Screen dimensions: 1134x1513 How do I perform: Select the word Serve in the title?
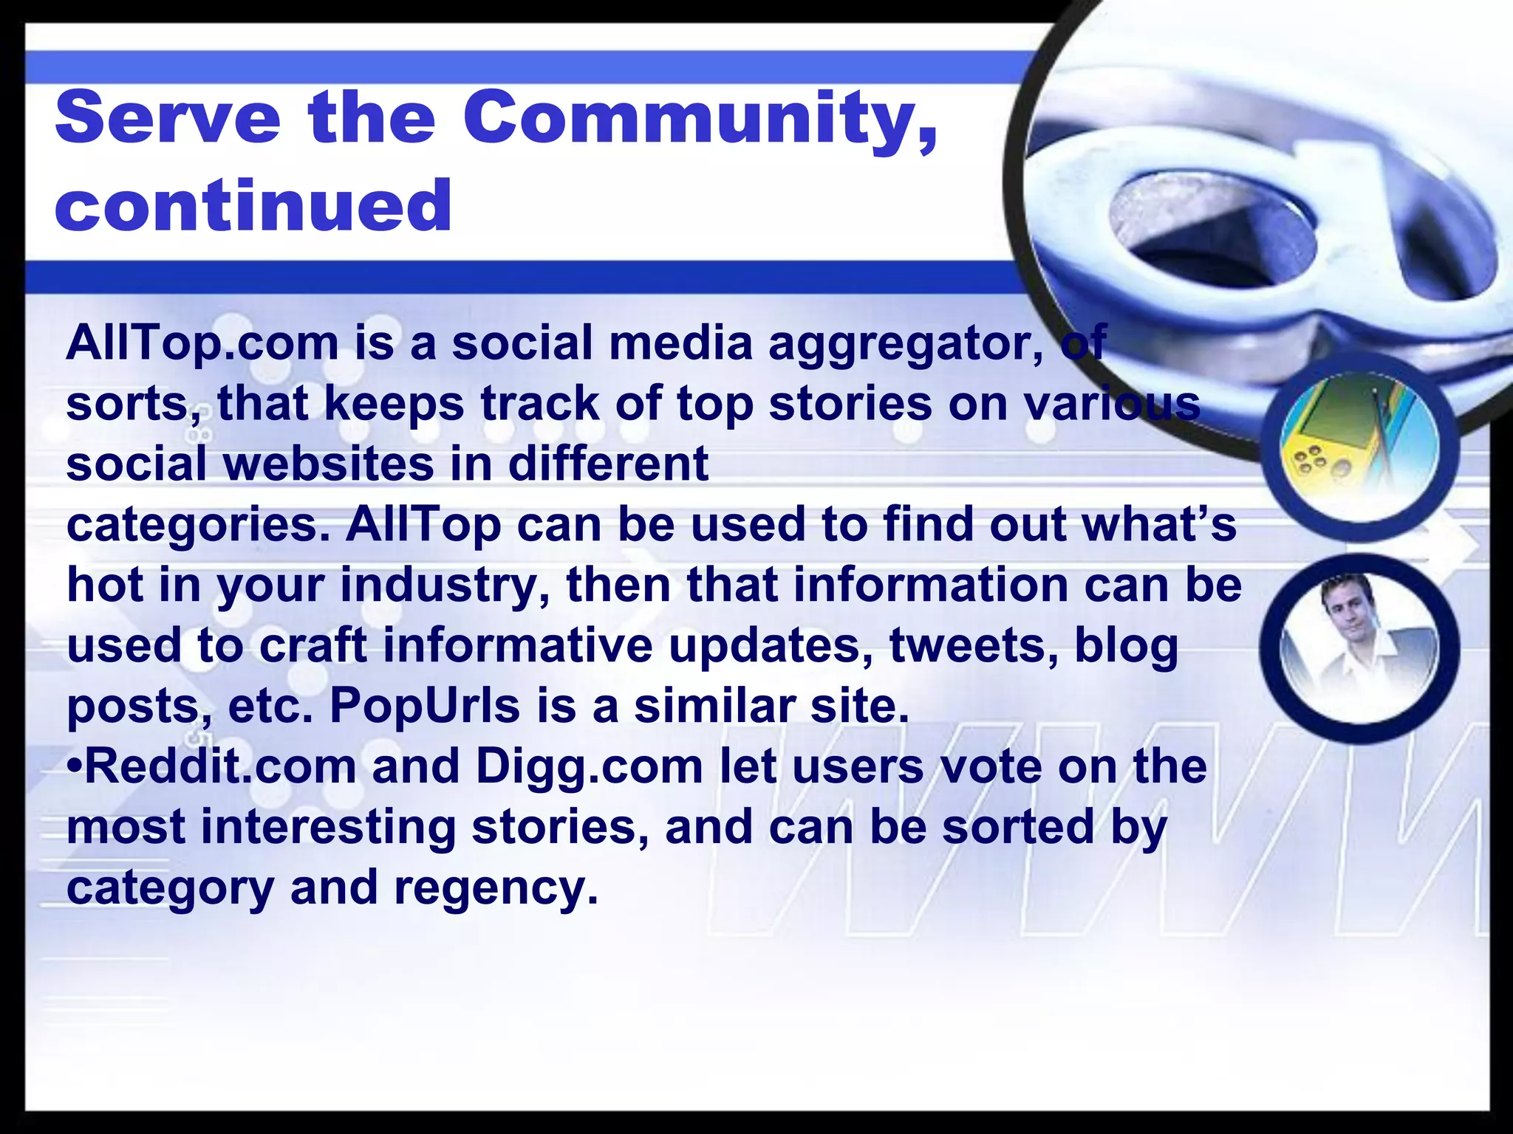pyautogui.click(x=168, y=118)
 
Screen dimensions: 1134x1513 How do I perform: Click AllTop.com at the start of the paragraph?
pyautogui.click(x=202, y=344)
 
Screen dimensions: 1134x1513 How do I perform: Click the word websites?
pyautogui.click(x=329, y=464)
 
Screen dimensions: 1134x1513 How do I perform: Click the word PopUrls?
pyautogui.click(x=425, y=707)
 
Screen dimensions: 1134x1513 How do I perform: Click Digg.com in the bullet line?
pyautogui.click(x=590, y=768)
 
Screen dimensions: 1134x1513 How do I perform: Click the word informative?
pyautogui.click(x=518, y=645)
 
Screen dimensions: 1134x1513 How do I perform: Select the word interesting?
pyautogui.click(x=329, y=828)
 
